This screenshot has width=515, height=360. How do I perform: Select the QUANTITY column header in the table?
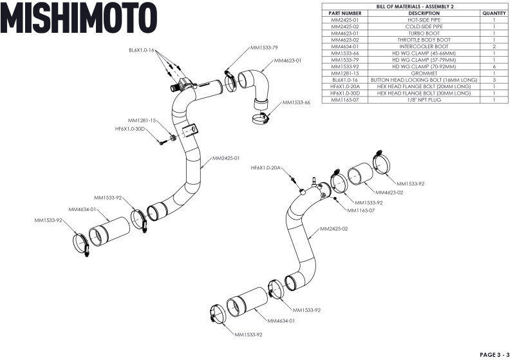click(x=493, y=13)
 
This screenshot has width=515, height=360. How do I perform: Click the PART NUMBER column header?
click(x=344, y=13)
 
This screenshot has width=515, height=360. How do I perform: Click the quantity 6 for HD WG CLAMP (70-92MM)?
click(x=493, y=66)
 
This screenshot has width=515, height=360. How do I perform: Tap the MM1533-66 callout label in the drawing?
click(x=297, y=102)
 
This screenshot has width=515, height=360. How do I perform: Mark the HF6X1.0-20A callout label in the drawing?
click(x=266, y=167)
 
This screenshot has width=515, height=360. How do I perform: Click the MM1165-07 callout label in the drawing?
click(x=361, y=210)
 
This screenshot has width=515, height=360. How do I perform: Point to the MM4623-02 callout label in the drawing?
click(x=391, y=193)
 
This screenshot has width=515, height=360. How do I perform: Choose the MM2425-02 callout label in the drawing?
click(x=334, y=229)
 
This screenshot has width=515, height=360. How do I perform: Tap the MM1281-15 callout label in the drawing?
click(x=142, y=120)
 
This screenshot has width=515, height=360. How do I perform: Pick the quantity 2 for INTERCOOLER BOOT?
click(x=493, y=46)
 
